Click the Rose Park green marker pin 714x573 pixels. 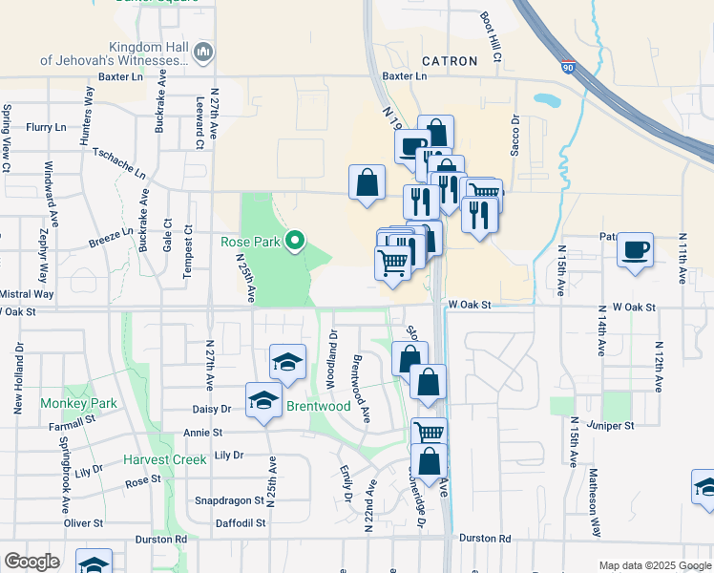point(296,241)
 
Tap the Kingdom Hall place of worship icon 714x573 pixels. point(202,52)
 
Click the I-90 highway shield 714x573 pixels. point(569,68)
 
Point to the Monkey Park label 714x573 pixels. point(78,403)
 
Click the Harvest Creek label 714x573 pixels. point(164,459)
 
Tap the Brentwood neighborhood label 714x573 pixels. point(319,406)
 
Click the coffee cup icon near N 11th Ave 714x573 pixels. point(635,251)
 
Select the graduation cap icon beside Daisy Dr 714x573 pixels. point(263,400)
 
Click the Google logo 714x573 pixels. point(31,561)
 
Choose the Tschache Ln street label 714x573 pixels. point(118,163)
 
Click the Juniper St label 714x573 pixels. point(612,424)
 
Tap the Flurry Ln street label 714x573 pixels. point(46,126)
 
